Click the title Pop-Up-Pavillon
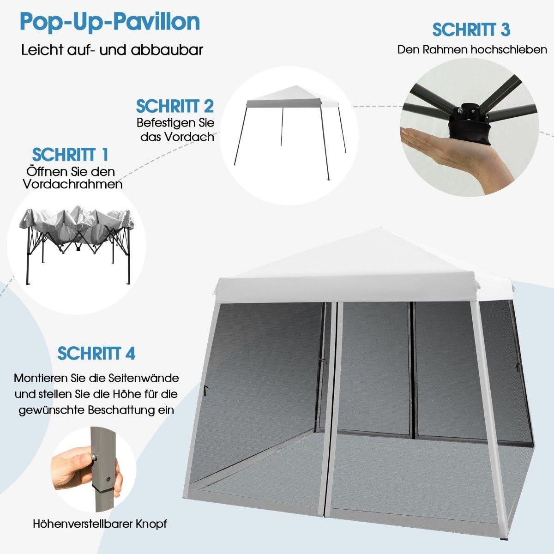(x=110, y=23)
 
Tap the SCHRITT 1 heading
(x=70, y=155)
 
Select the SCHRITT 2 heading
(x=175, y=106)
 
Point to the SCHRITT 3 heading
(x=471, y=30)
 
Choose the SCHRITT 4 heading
(x=96, y=353)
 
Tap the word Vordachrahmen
(x=73, y=184)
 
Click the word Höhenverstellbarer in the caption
(x=83, y=524)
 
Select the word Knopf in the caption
(x=151, y=524)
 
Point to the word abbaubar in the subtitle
(x=167, y=49)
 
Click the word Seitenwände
(x=144, y=378)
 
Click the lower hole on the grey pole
(x=108, y=479)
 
